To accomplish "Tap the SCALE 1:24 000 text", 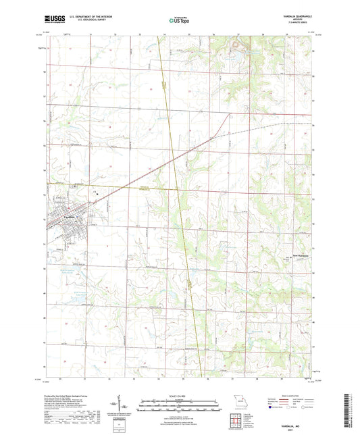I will coord(179,395).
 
